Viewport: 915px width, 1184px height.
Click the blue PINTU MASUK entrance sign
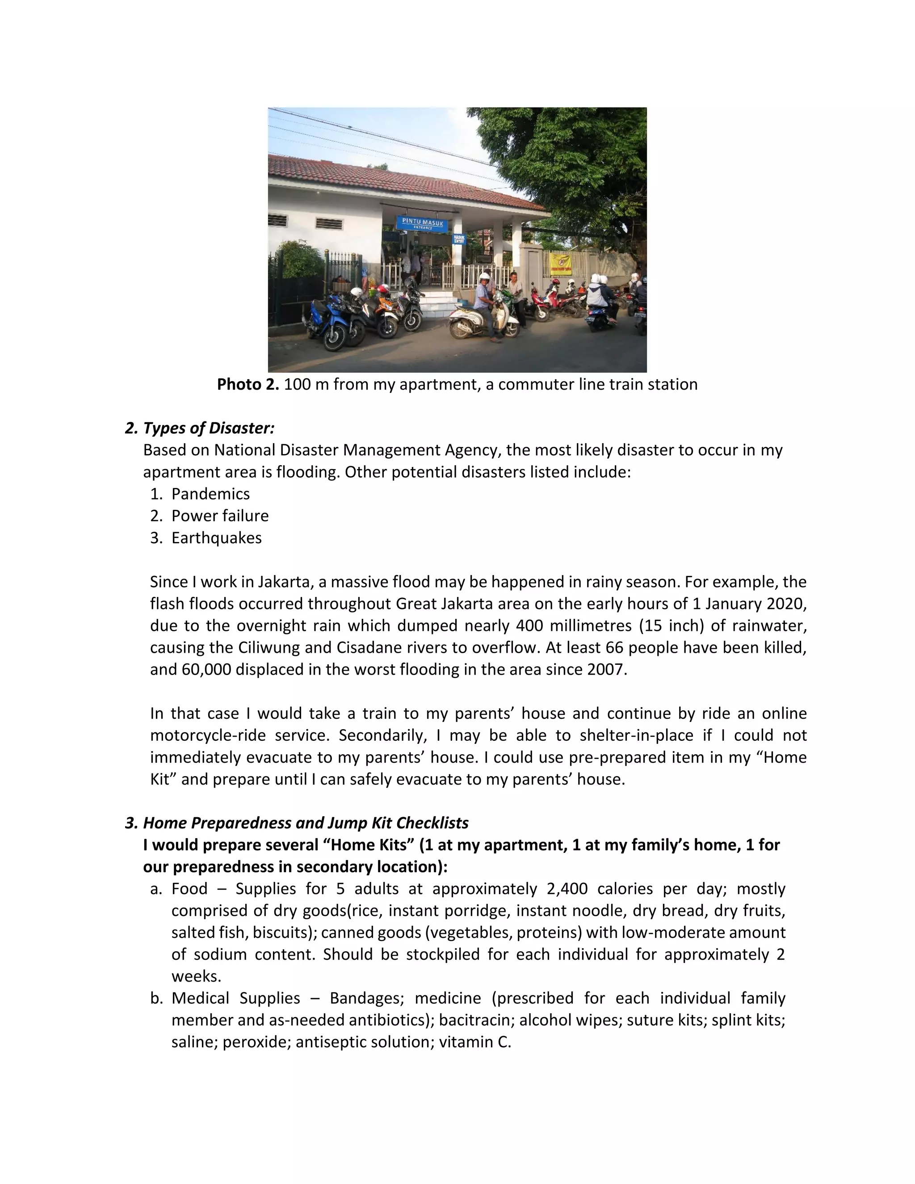point(423,223)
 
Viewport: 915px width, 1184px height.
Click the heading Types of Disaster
point(209,428)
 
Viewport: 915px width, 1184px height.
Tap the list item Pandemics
point(210,494)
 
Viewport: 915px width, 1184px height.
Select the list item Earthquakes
point(216,538)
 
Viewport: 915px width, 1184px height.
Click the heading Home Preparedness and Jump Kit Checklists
point(305,823)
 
